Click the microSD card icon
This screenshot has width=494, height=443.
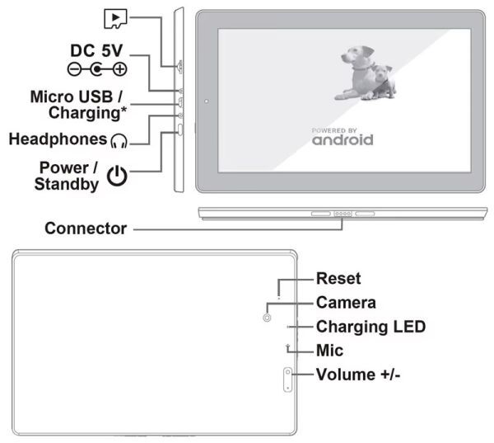pyautogui.click(x=114, y=16)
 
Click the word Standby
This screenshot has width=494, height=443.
pyautogui.click(x=66, y=184)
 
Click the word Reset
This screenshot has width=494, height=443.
pyautogui.click(x=338, y=279)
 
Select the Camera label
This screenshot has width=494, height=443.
pyautogui.click(x=346, y=303)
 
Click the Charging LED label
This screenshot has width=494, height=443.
pyautogui.click(x=370, y=327)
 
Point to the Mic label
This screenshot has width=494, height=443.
pyautogui.click(x=329, y=351)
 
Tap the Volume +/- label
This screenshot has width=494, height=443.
pyautogui.click(x=358, y=375)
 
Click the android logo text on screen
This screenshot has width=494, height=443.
pyautogui.click(x=343, y=140)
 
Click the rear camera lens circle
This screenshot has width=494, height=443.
pyautogui.click(x=267, y=317)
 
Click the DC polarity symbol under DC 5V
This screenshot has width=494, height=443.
pyautogui.click(x=98, y=70)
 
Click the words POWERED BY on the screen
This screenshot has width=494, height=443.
pyautogui.click(x=334, y=130)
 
